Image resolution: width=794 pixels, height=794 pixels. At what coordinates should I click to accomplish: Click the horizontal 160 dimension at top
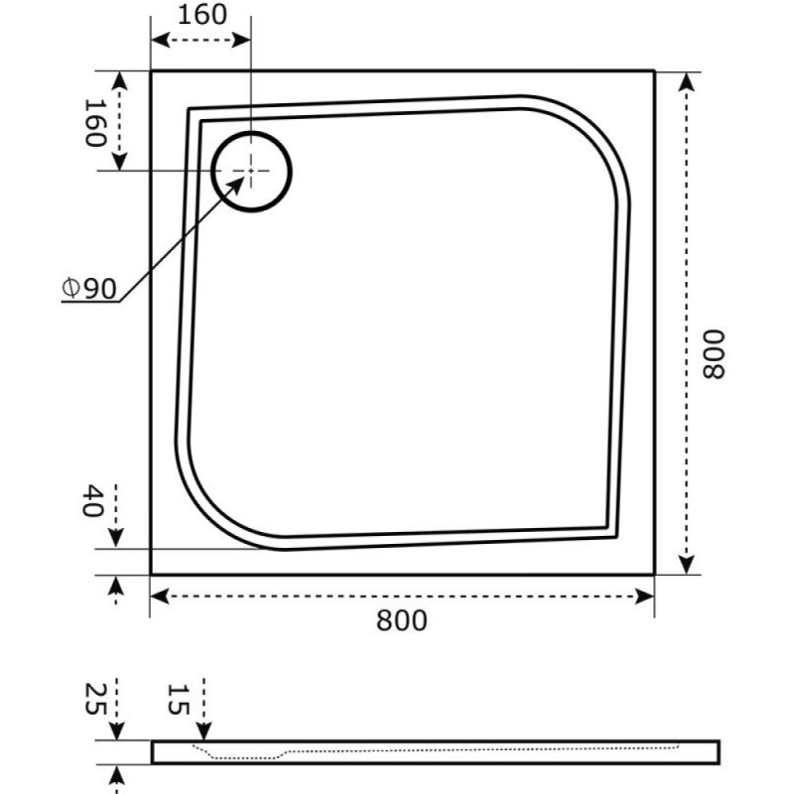(x=202, y=15)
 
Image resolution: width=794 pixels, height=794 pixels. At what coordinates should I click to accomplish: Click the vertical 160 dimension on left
(x=94, y=123)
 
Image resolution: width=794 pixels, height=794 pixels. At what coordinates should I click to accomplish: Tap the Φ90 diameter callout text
(x=89, y=289)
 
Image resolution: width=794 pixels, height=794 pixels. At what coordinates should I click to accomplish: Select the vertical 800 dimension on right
(x=714, y=354)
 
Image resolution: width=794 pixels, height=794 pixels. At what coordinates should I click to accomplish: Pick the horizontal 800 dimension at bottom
(x=402, y=620)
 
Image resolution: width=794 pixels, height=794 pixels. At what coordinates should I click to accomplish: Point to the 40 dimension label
(x=92, y=500)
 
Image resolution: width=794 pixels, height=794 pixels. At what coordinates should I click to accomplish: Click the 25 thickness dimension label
(x=94, y=700)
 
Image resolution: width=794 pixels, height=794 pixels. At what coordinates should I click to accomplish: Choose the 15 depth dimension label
(x=179, y=700)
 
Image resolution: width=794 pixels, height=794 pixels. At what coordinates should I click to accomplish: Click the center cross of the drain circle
(x=251, y=171)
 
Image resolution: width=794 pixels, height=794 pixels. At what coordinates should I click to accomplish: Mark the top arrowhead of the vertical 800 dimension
(x=686, y=81)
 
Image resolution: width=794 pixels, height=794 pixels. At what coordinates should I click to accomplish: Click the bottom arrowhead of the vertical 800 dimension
(x=686, y=565)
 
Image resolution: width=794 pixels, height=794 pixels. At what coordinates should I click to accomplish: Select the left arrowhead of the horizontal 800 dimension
(x=160, y=596)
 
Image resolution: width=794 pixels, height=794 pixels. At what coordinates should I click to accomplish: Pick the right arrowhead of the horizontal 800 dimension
(x=644, y=596)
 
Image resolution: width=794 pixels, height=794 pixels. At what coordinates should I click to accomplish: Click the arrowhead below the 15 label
(x=203, y=731)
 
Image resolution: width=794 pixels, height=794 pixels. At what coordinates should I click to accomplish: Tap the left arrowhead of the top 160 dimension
(x=160, y=40)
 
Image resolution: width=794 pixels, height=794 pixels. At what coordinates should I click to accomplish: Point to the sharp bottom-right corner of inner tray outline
(x=616, y=537)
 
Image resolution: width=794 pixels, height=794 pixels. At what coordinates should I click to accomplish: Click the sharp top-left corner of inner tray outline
(x=189, y=108)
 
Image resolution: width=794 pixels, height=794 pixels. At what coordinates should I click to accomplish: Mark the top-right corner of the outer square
(x=654, y=71)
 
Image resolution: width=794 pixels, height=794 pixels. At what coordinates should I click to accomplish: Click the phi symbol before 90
(x=70, y=288)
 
